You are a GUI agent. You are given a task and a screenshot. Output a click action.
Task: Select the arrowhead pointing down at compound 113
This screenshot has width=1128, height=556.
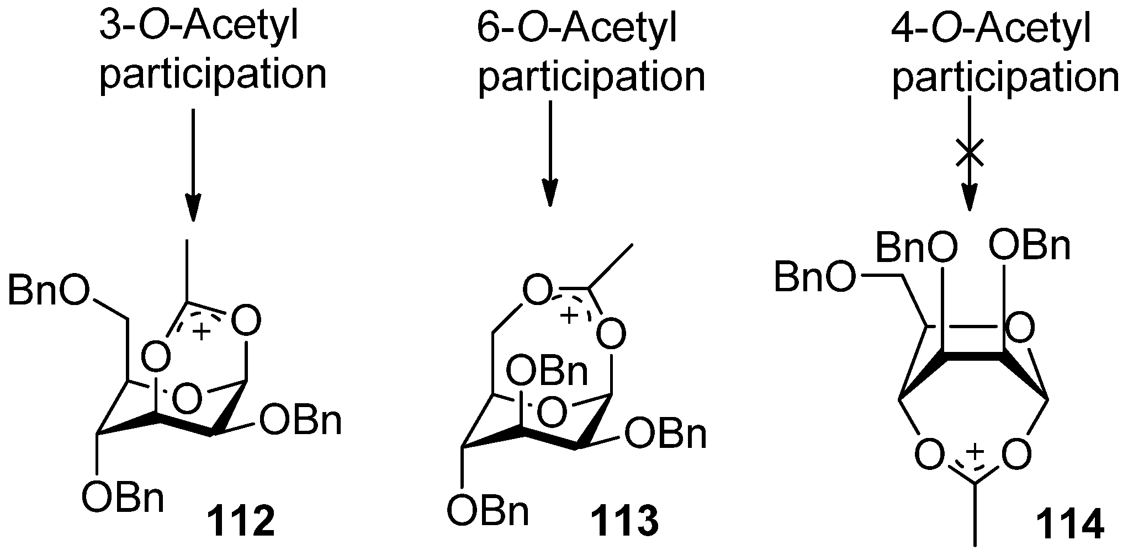pos(550,193)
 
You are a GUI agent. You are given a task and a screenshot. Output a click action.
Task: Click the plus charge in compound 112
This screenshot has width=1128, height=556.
pos(202,332)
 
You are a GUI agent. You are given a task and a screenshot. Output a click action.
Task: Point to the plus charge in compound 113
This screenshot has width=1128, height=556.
pos(569,316)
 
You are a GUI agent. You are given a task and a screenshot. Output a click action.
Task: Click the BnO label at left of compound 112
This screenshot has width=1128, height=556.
pos(49,291)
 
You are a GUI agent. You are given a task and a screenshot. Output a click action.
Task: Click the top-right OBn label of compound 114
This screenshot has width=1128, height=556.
pos(1030,247)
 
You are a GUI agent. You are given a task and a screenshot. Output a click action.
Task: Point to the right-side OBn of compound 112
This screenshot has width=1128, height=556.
pos(300,421)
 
